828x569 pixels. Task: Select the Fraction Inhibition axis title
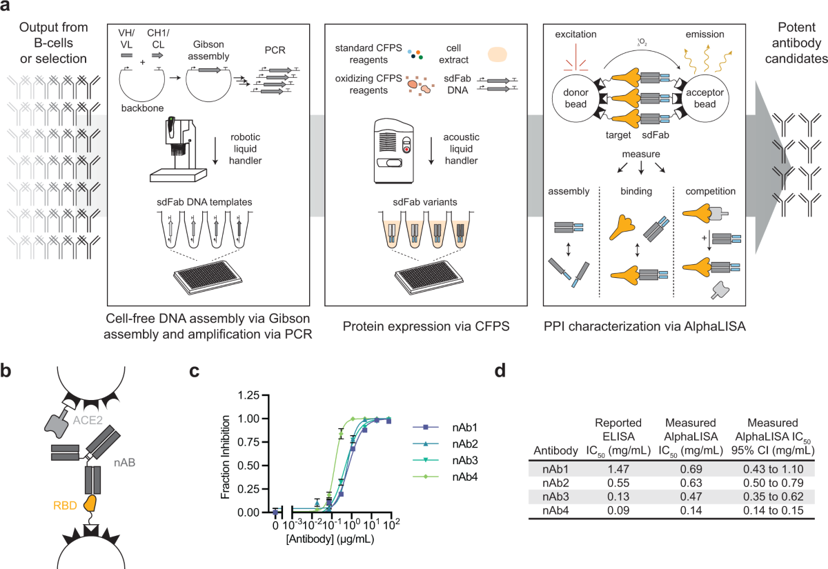pyautogui.click(x=224, y=453)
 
